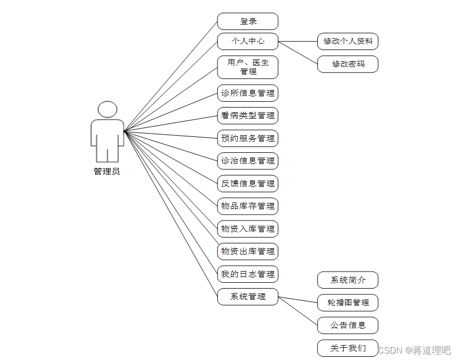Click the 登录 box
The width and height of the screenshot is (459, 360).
click(x=248, y=21)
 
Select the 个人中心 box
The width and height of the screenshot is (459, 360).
click(x=248, y=41)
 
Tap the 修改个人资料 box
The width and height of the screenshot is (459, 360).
click(x=348, y=41)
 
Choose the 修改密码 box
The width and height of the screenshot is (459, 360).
click(x=348, y=64)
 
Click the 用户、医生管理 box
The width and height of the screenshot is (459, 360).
click(x=248, y=67)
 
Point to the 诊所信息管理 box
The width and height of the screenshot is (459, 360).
click(x=248, y=93)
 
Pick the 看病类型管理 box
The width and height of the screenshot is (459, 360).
click(x=248, y=116)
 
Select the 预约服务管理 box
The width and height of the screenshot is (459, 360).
click(x=248, y=138)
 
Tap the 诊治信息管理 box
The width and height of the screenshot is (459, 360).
click(x=248, y=161)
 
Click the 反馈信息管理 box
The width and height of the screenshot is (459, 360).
click(x=248, y=184)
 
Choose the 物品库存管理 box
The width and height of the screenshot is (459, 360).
click(x=248, y=206)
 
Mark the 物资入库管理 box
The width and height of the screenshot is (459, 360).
click(x=248, y=229)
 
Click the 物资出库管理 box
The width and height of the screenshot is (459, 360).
click(x=248, y=251)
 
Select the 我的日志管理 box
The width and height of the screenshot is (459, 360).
click(x=248, y=274)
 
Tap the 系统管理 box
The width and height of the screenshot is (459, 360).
click(x=248, y=297)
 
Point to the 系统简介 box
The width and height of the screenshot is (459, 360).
click(x=348, y=280)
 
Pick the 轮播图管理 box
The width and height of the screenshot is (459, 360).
click(x=348, y=302)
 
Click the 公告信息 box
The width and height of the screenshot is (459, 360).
click(x=348, y=325)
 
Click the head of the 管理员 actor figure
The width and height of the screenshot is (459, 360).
click(x=107, y=109)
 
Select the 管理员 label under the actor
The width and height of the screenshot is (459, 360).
click(x=107, y=171)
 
